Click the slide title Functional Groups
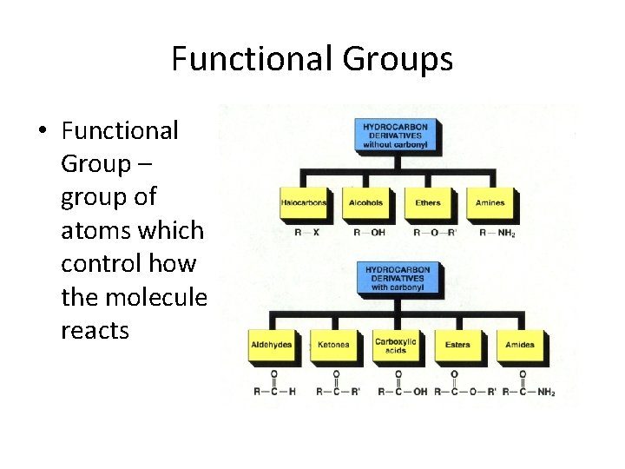(x=312, y=59)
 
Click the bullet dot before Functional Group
(x=41, y=132)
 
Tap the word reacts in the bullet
(x=95, y=330)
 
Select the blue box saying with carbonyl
(x=398, y=278)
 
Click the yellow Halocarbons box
(x=304, y=203)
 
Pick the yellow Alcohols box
(x=365, y=203)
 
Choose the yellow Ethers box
(x=428, y=203)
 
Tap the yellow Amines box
(x=490, y=203)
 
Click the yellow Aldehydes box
(x=272, y=345)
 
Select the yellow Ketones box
(x=333, y=345)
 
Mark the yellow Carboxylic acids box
(x=396, y=345)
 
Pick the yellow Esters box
(x=457, y=345)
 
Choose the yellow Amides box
(x=520, y=345)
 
